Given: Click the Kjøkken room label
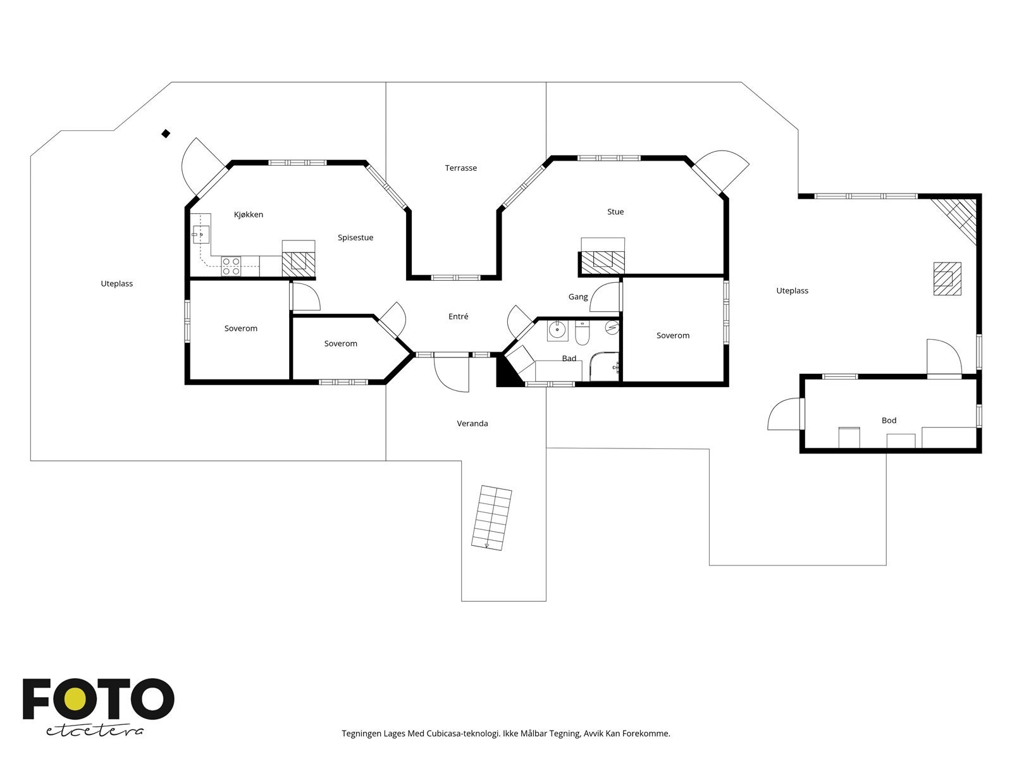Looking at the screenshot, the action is [248, 215].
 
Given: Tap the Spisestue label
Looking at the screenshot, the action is [355, 238].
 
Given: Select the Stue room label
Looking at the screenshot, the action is [615, 212].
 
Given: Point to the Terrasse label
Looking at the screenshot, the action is [460, 168].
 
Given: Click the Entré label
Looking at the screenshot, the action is [459, 316].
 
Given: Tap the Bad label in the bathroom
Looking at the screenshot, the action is [569, 358].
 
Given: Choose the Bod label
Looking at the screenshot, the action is [889, 420].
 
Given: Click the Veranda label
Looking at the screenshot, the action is [472, 424].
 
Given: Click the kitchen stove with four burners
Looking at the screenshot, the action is [231, 266].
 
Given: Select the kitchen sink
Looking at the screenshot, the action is [201, 235].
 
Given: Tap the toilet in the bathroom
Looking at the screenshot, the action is [583, 333].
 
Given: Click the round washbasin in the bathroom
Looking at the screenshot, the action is [557, 330].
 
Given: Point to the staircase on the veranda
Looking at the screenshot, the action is [491, 517].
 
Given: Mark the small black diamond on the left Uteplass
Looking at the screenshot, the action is [166, 133].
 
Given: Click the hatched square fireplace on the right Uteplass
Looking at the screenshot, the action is [947, 278].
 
